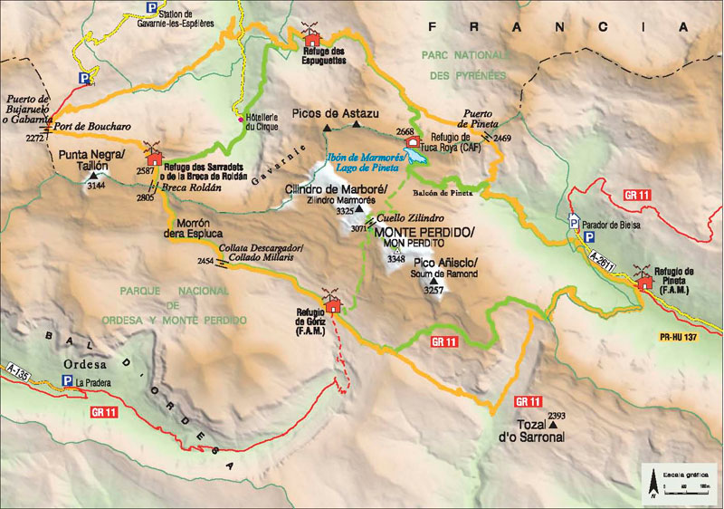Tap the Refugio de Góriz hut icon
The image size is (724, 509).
pyautogui.click(x=334, y=303)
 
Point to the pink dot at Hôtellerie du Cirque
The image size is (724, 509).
pyautogui.click(x=240, y=119)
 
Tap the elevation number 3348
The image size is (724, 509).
pyautogui.click(x=395, y=259)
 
